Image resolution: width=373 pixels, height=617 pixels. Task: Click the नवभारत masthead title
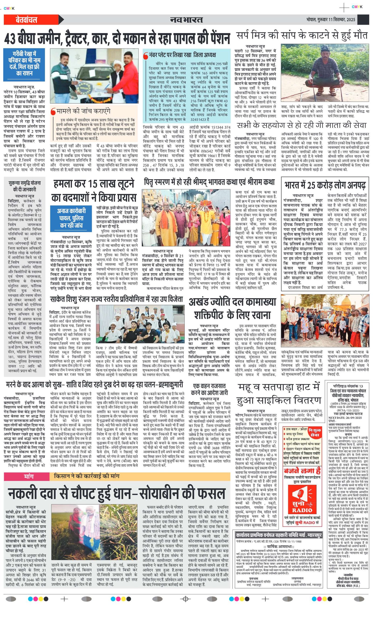[x=186, y=20]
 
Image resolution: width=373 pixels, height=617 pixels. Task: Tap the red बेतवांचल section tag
[x=26, y=20]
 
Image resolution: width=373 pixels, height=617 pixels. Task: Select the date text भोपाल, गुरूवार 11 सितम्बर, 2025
[x=331, y=20]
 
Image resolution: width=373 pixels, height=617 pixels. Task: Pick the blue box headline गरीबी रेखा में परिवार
[x=24, y=64]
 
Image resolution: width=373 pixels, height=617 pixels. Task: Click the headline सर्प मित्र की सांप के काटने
[x=302, y=35]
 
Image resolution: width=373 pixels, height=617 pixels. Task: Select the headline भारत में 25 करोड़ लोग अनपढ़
[x=325, y=185]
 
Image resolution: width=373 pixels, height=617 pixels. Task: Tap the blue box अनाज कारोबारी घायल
[x=71, y=218]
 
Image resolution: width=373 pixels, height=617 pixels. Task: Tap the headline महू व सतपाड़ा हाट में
[x=279, y=387]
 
